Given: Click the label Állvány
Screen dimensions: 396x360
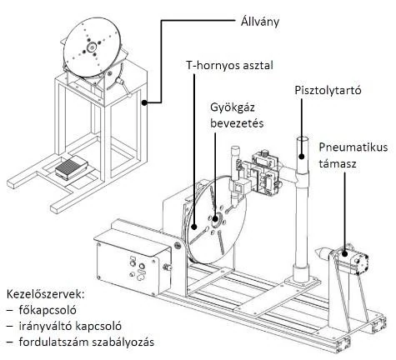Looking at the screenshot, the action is pyautogui.click(x=260, y=22).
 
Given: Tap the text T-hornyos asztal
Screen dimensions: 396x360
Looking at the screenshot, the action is pyautogui.click(x=229, y=65).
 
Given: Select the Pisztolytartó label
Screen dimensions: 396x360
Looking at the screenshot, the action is pyautogui.click(x=328, y=91).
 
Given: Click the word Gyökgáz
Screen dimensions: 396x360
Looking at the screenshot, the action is pyautogui.click(x=233, y=107).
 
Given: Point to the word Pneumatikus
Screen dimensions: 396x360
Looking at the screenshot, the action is pyautogui.click(x=353, y=147).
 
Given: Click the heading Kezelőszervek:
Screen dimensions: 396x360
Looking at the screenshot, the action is pyautogui.click(x=45, y=294).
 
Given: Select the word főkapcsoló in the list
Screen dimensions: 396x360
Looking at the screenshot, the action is pyautogui.click(x=48, y=310).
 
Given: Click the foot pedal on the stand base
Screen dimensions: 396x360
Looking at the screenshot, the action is pyautogui.click(x=72, y=167).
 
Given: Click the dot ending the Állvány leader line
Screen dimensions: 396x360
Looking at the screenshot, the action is pyautogui.click(x=144, y=102).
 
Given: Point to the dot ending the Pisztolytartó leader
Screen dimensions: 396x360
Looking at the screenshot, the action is pyautogui.click(x=302, y=156).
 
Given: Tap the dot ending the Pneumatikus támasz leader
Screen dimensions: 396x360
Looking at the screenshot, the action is pyautogui.click(x=345, y=253).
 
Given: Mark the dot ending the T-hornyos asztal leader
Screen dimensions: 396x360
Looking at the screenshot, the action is pyautogui.click(x=194, y=227).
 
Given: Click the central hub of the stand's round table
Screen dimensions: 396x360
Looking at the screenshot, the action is pyautogui.click(x=91, y=47).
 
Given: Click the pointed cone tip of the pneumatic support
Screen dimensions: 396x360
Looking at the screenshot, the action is pyautogui.click(x=315, y=252).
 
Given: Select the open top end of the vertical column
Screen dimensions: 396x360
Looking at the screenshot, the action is pyautogui.click(x=302, y=140).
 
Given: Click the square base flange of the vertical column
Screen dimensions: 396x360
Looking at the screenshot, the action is pyautogui.click(x=302, y=281).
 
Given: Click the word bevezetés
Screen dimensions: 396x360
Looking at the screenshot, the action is pyautogui.click(x=237, y=123).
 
